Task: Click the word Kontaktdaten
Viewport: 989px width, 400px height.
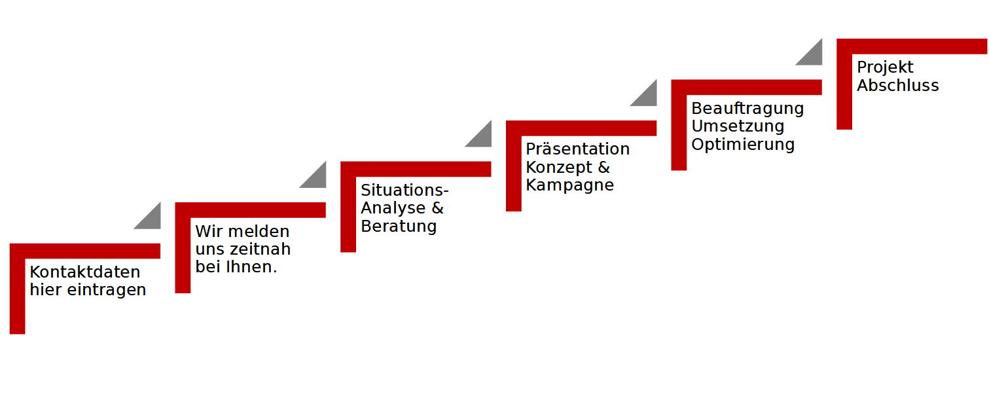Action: click(85, 272)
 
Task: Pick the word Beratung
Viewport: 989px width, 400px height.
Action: click(399, 227)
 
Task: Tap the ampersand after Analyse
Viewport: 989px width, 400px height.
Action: click(437, 208)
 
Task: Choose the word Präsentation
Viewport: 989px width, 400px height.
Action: click(578, 149)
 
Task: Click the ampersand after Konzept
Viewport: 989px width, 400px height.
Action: click(603, 167)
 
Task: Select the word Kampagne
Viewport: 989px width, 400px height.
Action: click(570, 185)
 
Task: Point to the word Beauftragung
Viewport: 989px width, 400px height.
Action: click(747, 108)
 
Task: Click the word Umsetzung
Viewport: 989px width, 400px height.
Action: click(738, 126)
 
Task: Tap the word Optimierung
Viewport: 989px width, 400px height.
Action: click(743, 144)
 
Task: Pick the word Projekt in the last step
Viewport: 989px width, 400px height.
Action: click(885, 67)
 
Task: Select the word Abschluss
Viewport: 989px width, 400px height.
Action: click(898, 86)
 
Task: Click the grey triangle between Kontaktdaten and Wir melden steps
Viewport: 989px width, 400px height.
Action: click(151, 219)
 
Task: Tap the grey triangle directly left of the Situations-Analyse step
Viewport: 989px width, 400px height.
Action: click(317, 178)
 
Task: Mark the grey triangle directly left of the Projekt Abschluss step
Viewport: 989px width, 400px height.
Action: click(813, 55)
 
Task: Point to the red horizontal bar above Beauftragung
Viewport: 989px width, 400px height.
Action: click(746, 87)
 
